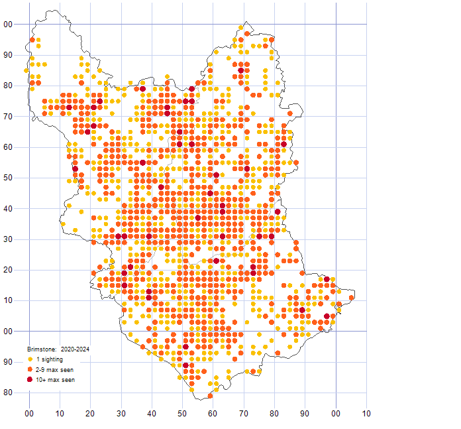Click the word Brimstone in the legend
click(42, 348)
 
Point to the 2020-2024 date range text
click(75, 348)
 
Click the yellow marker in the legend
click(30, 359)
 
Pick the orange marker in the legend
click(30, 369)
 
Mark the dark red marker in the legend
click(30, 379)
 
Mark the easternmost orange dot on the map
click(351, 297)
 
